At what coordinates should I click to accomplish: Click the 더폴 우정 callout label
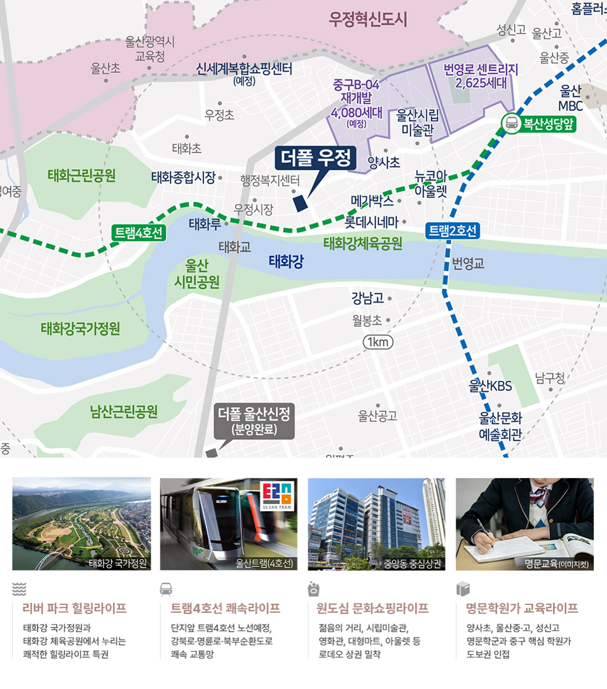316,158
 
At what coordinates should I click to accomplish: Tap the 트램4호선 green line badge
139,233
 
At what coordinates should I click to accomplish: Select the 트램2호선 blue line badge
452,231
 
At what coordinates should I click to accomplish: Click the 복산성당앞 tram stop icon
511,123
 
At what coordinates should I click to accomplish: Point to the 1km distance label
378,342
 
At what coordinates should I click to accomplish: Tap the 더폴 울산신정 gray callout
254,421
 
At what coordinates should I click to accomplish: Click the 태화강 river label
286,262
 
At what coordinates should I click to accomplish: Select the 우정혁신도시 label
368,20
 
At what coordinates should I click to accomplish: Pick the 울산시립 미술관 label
417,122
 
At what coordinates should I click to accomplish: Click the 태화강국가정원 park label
80,329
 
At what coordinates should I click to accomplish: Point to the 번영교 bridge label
468,264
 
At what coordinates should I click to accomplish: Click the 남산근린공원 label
124,412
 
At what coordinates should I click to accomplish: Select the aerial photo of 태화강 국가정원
81,524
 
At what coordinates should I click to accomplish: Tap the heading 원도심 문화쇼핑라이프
372,608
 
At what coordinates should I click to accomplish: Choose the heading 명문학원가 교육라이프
522,608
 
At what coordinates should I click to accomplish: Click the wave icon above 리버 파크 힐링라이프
19,589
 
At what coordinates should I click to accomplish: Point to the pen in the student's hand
484,534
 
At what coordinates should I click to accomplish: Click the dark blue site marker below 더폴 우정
300,203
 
